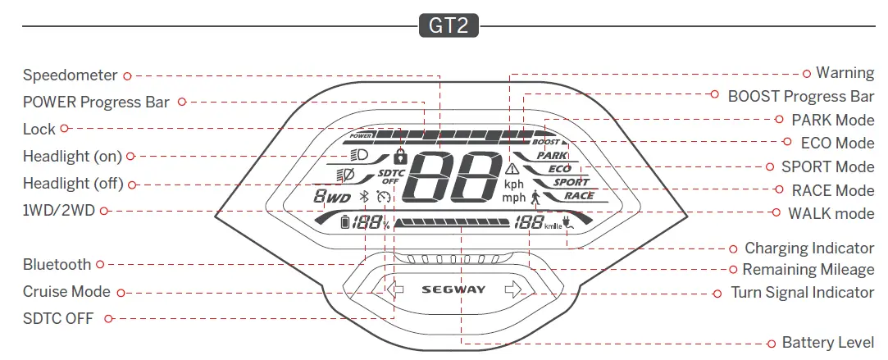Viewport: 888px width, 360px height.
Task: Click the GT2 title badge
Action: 448,26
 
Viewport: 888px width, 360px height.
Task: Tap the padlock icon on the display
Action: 400,155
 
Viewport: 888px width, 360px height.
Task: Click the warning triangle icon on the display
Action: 512,168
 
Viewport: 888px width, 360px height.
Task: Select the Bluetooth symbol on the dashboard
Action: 365,197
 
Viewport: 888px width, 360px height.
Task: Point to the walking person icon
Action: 535,197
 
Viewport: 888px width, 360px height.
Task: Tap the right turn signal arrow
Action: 513,289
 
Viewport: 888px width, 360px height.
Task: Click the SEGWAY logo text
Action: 453,289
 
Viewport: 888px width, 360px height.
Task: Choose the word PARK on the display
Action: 552,155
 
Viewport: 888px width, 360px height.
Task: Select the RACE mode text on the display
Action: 578,196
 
